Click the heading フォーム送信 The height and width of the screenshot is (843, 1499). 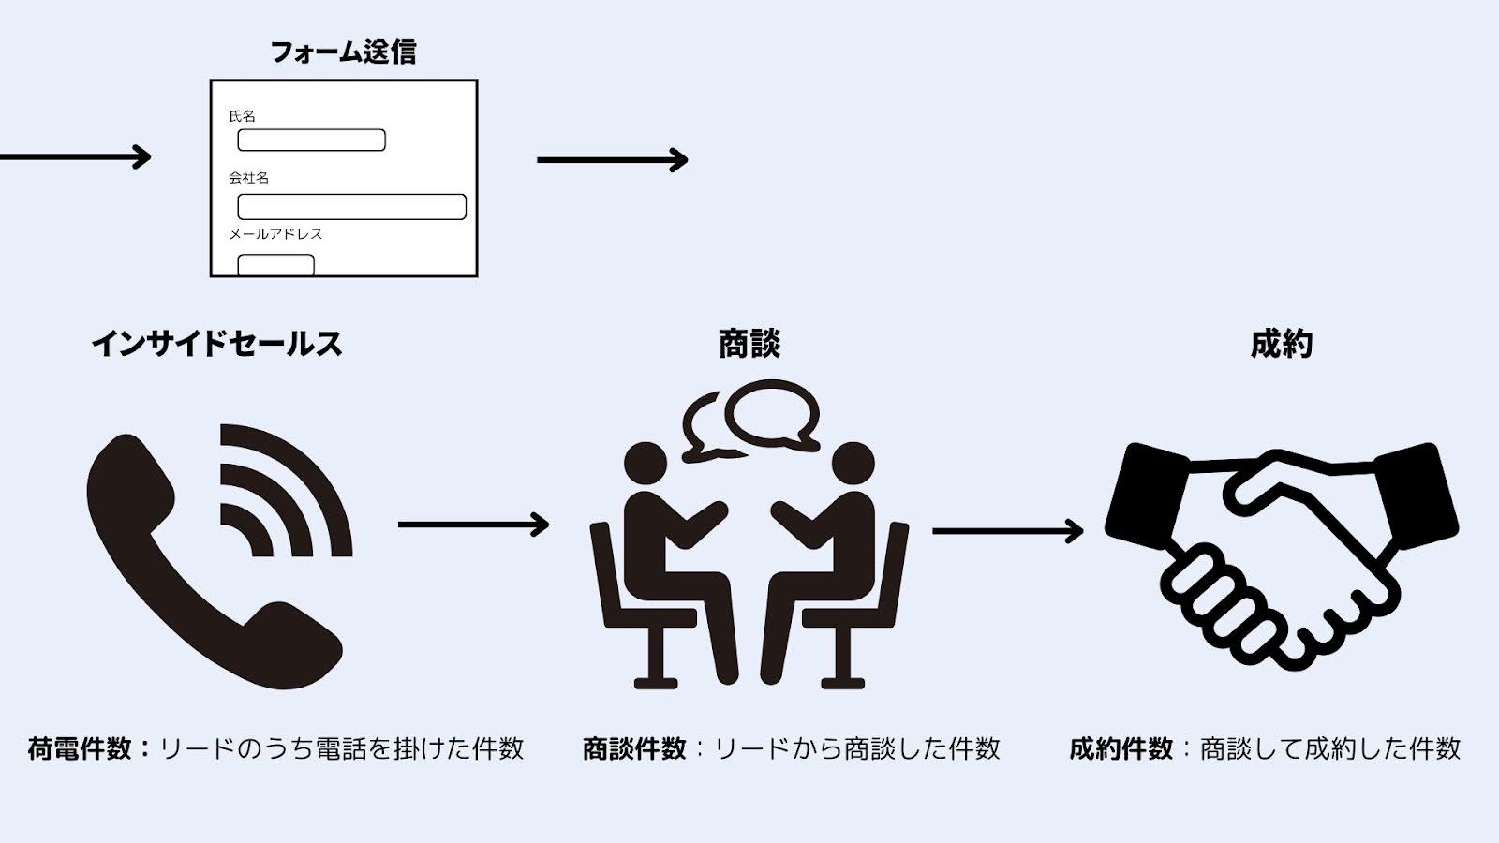pyautogui.click(x=343, y=52)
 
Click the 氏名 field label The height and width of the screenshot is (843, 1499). pyautogui.click(x=242, y=116)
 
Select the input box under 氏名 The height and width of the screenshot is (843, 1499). pyautogui.click(x=311, y=140)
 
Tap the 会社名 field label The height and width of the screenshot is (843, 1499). pyautogui.click(x=248, y=177)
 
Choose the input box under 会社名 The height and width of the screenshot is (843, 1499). pyautogui.click(x=351, y=206)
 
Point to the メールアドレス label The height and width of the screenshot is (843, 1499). pyautogui.click(x=275, y=234)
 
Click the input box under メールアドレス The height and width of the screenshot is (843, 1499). pyautogui.click(x=275, y=264)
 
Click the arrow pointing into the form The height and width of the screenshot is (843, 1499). pyautogui.click(x=75, y=156)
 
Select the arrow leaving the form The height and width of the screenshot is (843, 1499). pyautogui.click(x=612, y=160)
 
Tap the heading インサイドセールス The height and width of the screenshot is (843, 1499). pyautogui.click(x=216, y=344)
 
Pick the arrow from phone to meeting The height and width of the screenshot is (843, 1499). pyautogui.click(x=473, y=525)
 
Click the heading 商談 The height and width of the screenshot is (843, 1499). pyautogui.click(x=749, y=344)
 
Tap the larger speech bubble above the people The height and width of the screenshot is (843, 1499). pyautogui.click(x=773, y=412)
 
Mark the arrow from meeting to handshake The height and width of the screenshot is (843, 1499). pyautogui.click(x=1007, y=531)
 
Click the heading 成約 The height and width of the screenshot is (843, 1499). pyautogui.click(x=1281, y=344)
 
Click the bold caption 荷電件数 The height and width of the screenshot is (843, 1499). pyautogui.click(x=80, y=748)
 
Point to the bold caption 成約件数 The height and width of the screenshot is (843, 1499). pyautogui.click(x=1121, y=748)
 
